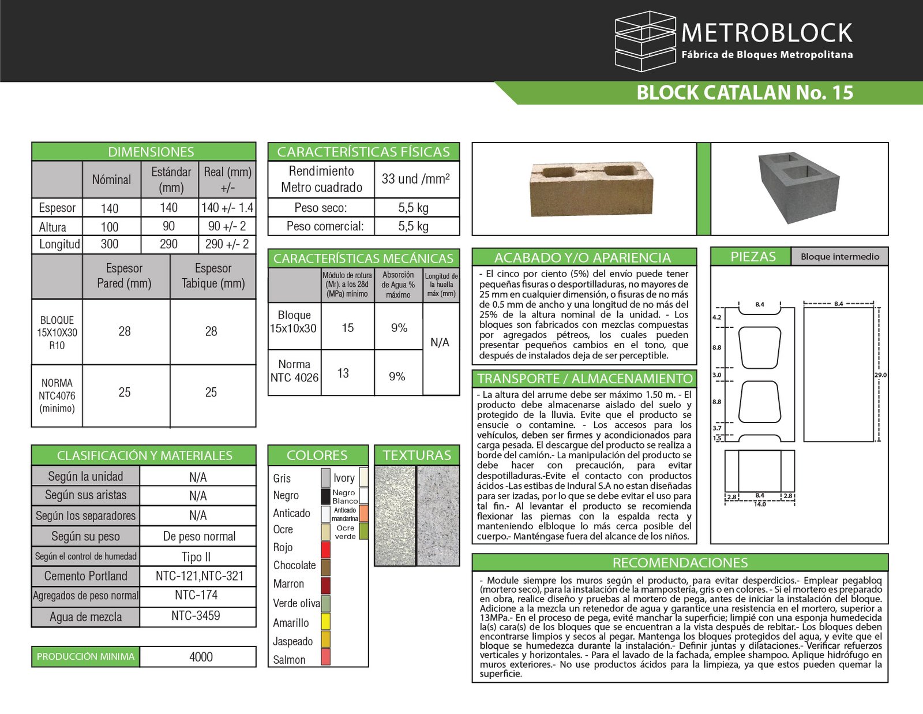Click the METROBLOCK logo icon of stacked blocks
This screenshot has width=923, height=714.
645,42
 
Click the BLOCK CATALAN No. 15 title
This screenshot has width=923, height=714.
744,93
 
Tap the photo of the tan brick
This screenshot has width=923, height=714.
591,189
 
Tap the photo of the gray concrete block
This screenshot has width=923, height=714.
798,188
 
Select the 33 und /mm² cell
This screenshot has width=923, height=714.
415,179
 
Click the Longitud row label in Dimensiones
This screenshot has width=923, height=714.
59,244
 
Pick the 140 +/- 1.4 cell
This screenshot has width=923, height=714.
227,208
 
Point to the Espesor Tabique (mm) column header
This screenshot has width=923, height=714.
213,276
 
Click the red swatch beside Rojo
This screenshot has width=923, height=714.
325,549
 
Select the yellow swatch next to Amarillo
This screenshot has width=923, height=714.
325,622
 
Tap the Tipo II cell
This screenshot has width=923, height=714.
196,557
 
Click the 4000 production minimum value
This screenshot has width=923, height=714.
201,657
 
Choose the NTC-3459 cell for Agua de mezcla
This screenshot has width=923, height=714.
196,616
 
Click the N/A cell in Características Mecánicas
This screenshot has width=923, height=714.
440,343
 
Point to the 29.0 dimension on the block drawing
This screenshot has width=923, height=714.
880,375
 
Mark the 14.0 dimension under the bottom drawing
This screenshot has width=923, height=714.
760,504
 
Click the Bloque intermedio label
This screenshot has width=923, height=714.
839,257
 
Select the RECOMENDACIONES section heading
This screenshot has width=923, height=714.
680,563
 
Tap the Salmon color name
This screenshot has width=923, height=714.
289,660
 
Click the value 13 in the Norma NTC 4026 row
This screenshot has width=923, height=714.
343,373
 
